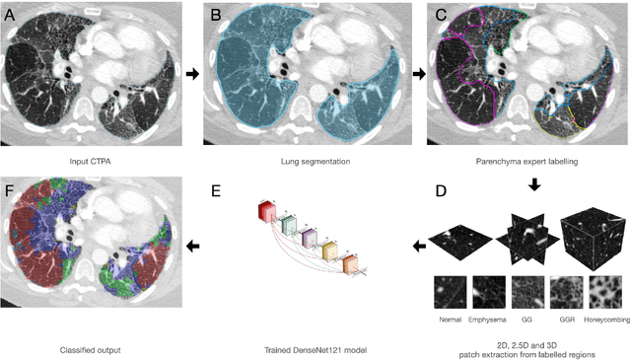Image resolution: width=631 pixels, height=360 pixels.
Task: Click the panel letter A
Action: (x=14, y=13)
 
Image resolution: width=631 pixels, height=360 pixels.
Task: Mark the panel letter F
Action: (x=14, y=190)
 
